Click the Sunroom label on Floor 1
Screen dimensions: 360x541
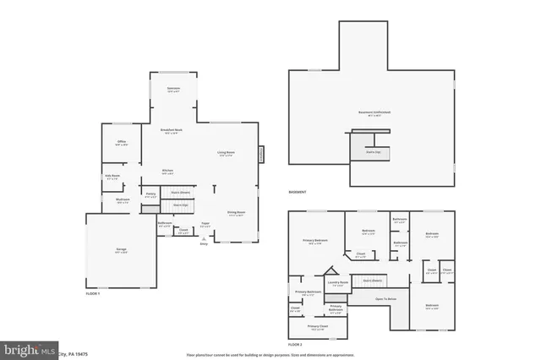point(173,89)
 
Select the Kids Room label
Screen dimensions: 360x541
point(112,177)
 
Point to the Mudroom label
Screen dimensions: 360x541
point(122,200)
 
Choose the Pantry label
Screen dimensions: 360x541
point(150,195)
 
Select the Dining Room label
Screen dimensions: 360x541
point(236,213)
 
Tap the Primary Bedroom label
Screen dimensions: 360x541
point(315,242)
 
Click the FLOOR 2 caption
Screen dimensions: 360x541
point(295,345)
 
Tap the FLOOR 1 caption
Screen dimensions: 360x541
point(93,292)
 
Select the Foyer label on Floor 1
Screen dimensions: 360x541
point(205,224)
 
